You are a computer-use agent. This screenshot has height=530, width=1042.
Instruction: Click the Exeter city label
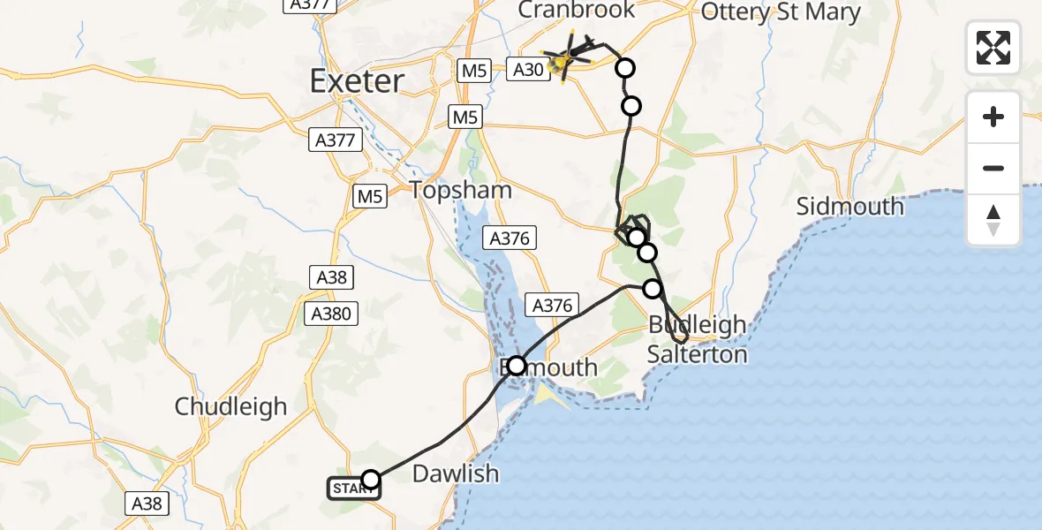pos(357,81)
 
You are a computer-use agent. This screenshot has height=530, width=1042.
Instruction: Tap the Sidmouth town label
pos(849,207)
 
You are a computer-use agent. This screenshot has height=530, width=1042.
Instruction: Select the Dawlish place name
pos(455,473)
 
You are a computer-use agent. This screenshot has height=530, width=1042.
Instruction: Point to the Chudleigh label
pos(230,406)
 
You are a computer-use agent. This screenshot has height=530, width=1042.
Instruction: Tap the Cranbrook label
pos(577,11)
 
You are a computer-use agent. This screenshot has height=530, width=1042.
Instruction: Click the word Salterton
pos(697,354)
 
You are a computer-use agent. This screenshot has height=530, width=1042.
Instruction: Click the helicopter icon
pos(566,59)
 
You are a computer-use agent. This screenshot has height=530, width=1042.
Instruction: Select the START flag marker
pos(353,488)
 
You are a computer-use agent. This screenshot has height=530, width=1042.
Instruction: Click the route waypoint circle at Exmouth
pos(517,365)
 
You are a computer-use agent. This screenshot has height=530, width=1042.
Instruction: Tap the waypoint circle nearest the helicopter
pos(625,68)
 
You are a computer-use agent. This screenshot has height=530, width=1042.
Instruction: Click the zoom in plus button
pos(993,117)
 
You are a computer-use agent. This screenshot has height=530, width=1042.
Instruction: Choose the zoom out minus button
pos(993,168)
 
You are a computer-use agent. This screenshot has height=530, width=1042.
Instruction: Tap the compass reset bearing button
pos(993,220)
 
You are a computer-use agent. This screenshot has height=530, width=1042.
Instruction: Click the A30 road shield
pos(527,68)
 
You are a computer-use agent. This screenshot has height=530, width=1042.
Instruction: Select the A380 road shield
pos(331,313)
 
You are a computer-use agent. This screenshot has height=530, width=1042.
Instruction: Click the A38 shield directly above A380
pos(332,277)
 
